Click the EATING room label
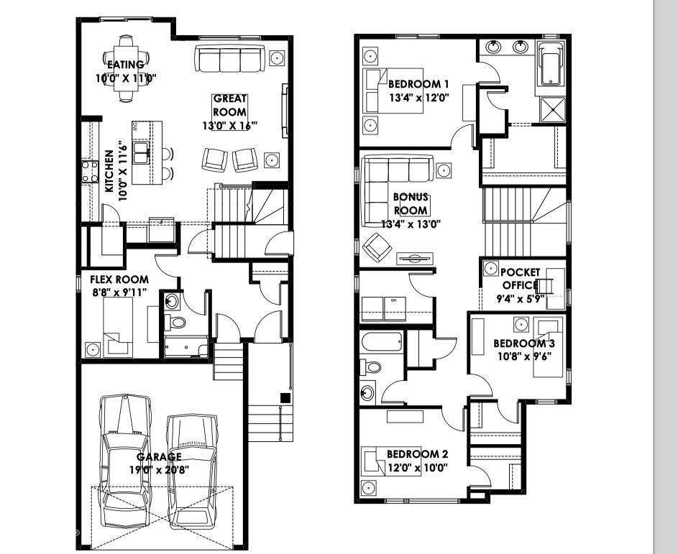(x=126, y=65)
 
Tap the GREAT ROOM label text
(x=229, y=105)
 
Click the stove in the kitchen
(x=90, y=172)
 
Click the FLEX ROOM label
(x=119, y=280)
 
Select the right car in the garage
(x=192, y=471)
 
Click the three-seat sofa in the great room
(x=229, y=59)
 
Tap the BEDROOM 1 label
(x=418, y=84)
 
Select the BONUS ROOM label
(x=411, y=203)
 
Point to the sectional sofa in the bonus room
(x=395, y=183)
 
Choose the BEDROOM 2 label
(x=417, y=454)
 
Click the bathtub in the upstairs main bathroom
(x=381, y=341)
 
